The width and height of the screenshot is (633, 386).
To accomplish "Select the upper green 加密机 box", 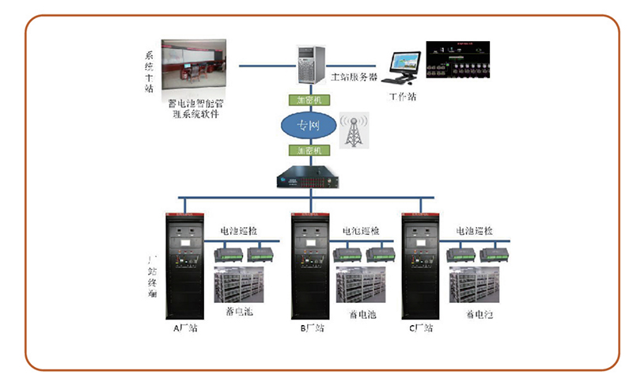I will [x=309, y=100].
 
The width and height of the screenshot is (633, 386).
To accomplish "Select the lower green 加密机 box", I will [x=309, y=149].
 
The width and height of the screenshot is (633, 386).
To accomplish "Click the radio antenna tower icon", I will [x=353, y=131].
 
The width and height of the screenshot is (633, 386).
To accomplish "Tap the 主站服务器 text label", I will [x=354, y=78].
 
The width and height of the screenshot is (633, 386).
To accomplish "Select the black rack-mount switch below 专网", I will [x=308, y=178].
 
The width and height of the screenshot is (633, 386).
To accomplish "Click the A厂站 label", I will [x=186, y=327].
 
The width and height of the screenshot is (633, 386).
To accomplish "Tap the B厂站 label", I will [x=312, y=327].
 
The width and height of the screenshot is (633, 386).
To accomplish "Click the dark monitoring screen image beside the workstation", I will [x=459, y=59].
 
